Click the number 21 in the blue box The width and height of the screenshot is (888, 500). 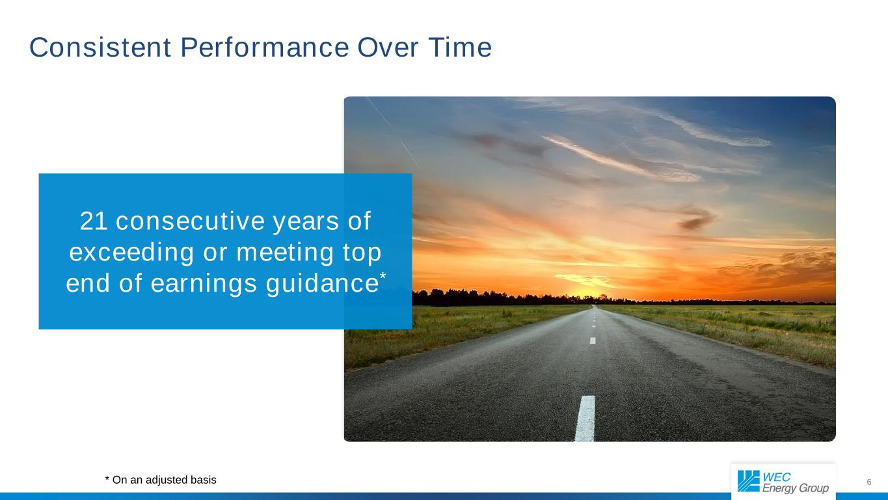coord(94,222)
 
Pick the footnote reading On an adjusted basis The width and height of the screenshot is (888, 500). coord(161,480)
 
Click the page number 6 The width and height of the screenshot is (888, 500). coord(869,482)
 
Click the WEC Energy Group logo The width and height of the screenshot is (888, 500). coord(783,482)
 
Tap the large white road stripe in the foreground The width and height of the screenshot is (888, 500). coord(585,418)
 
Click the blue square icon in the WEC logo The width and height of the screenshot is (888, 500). coord(748,481)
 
